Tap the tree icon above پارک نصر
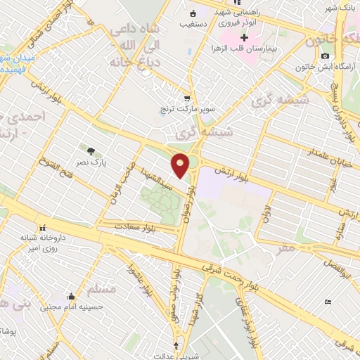coord(90,150)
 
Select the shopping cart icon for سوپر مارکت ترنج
coord(186,99)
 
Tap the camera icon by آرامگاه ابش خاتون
coord(325,56)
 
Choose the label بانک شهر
coord(336,8)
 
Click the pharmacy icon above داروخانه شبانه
coord(44,227)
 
